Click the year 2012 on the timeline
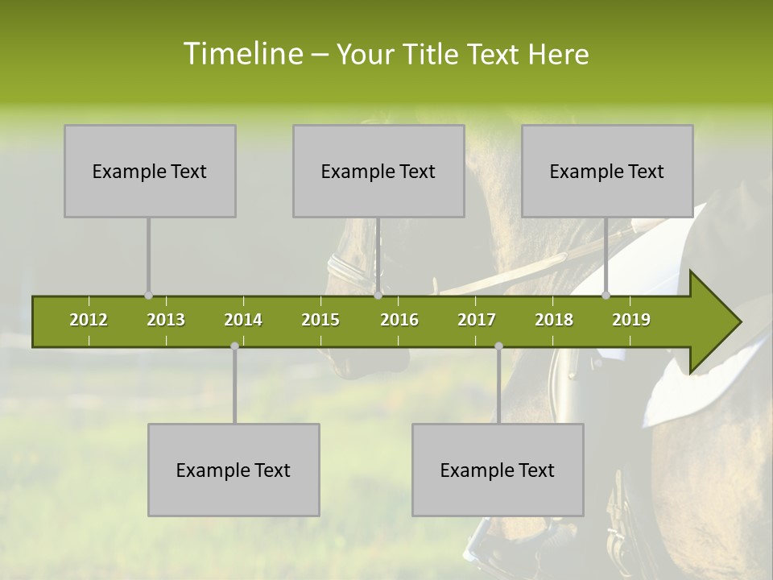[x=89, y=320]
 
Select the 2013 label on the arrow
[x=166, y=320]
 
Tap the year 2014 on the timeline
[x=243, y=320]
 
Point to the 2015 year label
[x=320, y=320]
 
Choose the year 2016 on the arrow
[x=399, y=320]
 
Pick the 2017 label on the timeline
[x=477, y=320]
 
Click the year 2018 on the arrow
[x=554, y=320]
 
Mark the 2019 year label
[x=631, y=320]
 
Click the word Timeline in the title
[x=242, y=54]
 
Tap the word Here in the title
[x=558, y=54]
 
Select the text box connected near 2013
[x=150, y=171]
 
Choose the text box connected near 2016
[x=378, y=171]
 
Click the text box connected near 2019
[x=607, y=171]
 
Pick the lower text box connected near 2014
[x=234, y=470]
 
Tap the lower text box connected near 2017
[x=498, y=470]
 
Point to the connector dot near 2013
[x=148, y=296]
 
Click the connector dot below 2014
[x=234, y=346]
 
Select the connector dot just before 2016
[x=378, y=296]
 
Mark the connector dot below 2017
[x=498, y=346]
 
